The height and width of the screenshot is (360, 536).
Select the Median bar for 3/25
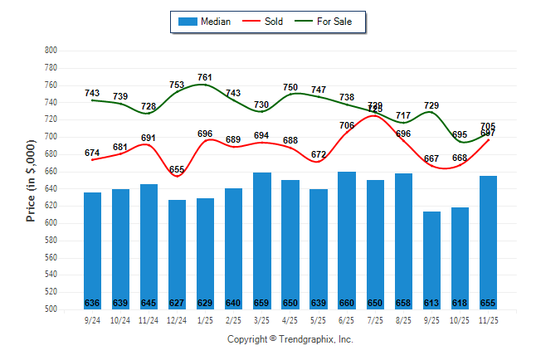[x=262, y=241]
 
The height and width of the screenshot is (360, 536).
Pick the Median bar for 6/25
[x=347, y=240]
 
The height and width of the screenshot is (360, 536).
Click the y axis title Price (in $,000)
[x=31, y=180]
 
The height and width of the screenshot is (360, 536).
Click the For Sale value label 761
[x=205, y=77]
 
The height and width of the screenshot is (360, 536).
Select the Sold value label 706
[x=347, y=125]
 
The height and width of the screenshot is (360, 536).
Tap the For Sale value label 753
[x=177, y=85]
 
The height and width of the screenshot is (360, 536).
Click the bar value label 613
[x=432, y=303]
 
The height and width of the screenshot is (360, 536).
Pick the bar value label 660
[x=347, y=303]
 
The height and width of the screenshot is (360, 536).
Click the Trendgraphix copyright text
[x=290, y=339]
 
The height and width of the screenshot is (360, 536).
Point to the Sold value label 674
[x=92, y=153]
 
